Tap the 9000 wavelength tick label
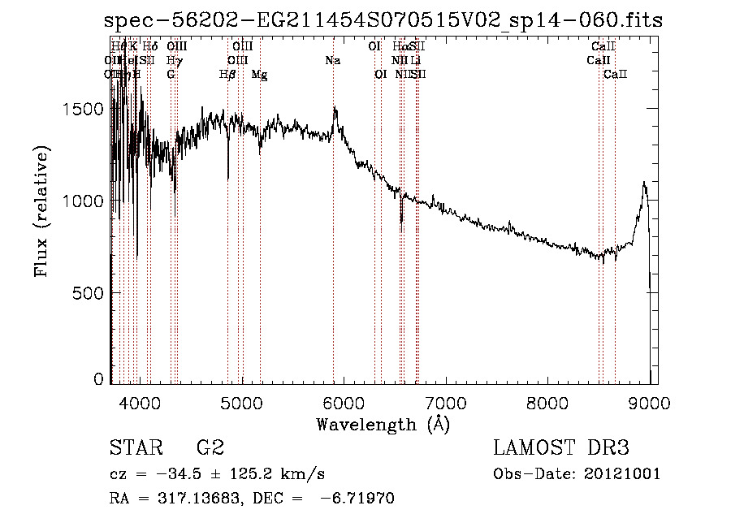pyautogui.click(x=650, y=402)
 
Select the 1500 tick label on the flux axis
pyautogui.click(x=85, y=110)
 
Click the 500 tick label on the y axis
pyautogui.click(x=90, y=293)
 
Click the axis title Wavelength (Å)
pyautogui.click(x=383, y=424)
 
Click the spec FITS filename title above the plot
pyautogui.click(x=383, y=20)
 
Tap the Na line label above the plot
pyautogui.click(x=332, y=61)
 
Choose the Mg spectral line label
pyautogui.click(x=260, y=75)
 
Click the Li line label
pyautogui.click(x=415, y=61)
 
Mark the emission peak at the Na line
pyautogui.click(x=334, y=108)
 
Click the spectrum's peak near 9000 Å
pyautogui.click(x=644, y=183)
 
